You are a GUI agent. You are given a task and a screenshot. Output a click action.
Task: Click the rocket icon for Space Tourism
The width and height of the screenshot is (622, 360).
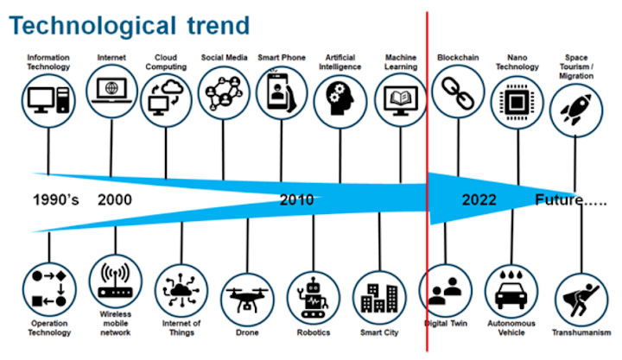click(x=575, y=110)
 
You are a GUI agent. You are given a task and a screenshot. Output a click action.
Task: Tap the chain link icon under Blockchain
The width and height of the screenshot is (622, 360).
click(x=458, y=93)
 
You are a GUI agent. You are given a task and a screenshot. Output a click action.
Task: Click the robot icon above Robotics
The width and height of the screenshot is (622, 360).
click(x=314, y=297)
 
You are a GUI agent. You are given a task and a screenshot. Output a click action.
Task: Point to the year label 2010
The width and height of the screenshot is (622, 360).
click(x=296, y=199)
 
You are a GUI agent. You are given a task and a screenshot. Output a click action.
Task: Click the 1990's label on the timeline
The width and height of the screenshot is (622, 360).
click(x=55, y=199)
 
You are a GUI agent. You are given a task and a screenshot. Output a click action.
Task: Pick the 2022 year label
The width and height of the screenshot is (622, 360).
click(x=479, y=199)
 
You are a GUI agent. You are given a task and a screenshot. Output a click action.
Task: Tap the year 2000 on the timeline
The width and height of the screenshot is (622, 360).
click(x=115, y=199)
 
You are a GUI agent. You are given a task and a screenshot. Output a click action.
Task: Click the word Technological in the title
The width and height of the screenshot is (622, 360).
click(x=92, y=26)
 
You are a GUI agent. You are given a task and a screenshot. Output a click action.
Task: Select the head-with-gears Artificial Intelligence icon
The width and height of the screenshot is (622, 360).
click(x=340, y=98)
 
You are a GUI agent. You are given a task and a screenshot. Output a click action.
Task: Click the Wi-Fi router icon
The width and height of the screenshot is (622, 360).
click(x=116, y=281)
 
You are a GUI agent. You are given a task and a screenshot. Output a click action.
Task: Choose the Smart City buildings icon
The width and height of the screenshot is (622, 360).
click(x=379, y=298)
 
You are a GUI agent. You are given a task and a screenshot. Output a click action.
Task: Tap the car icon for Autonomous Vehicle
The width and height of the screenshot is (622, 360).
click(x=511, y=290)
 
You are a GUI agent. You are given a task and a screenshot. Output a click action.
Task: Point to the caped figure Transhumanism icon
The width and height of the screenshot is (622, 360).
click(x=581, y=300)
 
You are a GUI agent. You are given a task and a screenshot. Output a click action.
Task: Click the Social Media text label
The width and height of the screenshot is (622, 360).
click(x=224, y=58)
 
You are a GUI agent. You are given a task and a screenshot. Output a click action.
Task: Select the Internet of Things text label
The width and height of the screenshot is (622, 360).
click(x=181, y=328)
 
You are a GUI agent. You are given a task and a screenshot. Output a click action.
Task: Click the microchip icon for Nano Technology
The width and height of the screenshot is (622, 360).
click(x=517, y=102)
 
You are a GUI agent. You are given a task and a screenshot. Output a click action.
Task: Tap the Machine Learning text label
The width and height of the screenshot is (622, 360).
click(x=401, y=62)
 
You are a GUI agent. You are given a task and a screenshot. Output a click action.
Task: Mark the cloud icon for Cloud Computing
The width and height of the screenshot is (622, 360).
click(x=166, y=98)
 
